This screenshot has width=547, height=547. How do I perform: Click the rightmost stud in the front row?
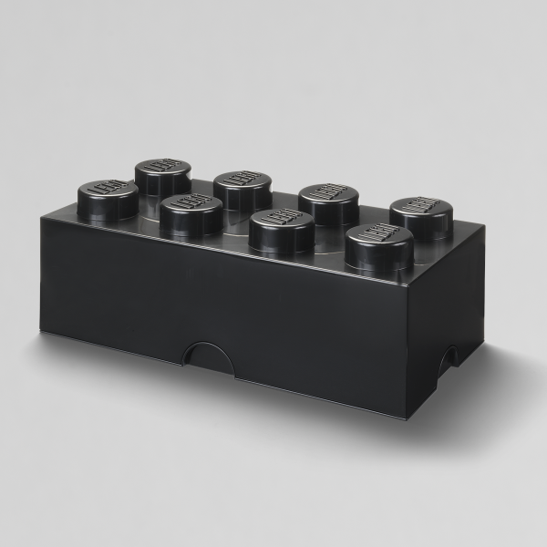pyautogui.click(x=378, y=244)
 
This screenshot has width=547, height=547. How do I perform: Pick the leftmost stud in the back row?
pyautogui.click(x=162, y=173)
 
